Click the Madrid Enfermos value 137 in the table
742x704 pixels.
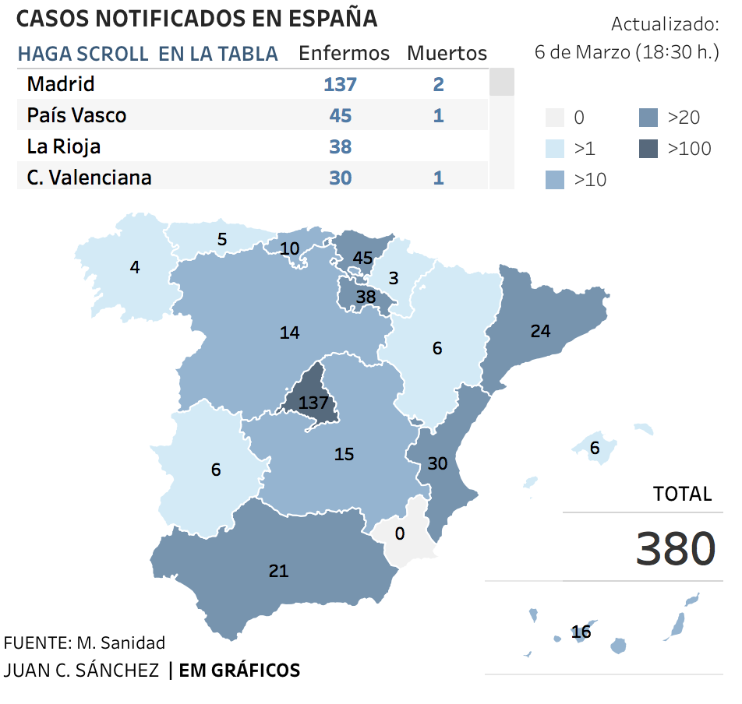(x=340, y=85)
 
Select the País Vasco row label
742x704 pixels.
(x=76, y=115)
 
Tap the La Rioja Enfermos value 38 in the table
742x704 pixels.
(x=341, y=147)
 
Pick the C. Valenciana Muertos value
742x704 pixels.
(x=438, y=178)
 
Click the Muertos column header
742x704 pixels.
(x=447, y=53)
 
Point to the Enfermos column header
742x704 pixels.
(x=344, y=53)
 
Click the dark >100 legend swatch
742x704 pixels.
(x=648, y=149)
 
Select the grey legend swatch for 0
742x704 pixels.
(x=555, y=118)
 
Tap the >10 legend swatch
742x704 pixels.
(x=555, y=180)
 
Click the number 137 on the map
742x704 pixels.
(x=313, y=403)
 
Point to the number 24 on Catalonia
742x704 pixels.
(x=540, y=331)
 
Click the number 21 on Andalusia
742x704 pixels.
(x=278, y=571)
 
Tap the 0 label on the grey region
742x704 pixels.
(x=400, y=533)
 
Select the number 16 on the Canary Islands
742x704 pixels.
(x=581, y=632)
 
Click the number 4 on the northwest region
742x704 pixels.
(x=135, y=268)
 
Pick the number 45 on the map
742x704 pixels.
(x=362, y=258)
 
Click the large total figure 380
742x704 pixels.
(x=675, y=548)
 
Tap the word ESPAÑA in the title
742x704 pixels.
(x=333, y=19)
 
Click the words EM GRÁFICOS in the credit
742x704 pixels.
(x=239, y=671)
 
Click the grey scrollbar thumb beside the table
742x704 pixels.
(x=502, y=82)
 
